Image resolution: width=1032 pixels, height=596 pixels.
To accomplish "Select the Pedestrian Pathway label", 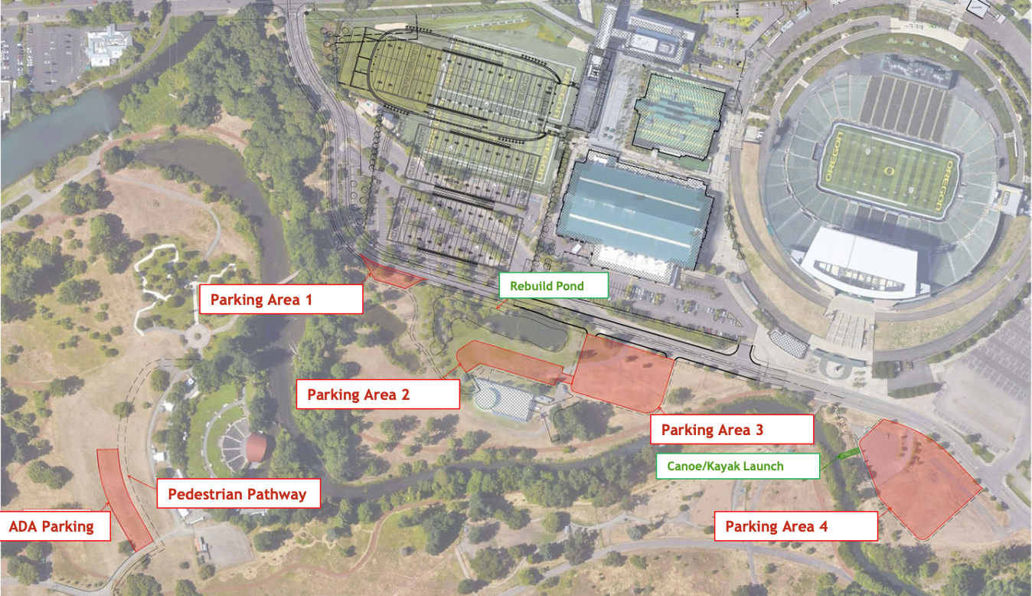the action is pos(237,493).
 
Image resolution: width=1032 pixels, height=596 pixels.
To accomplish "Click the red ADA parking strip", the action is pos(125,498).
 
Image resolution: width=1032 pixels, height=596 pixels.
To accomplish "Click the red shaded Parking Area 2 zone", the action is pos(509,362).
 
